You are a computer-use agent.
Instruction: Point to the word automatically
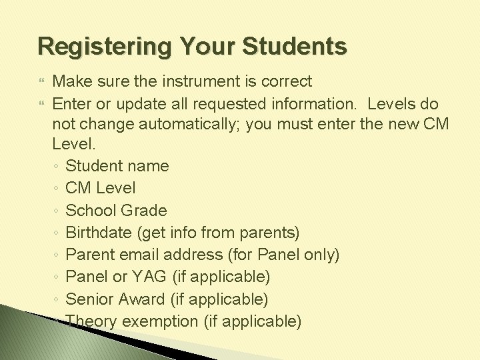pos(184,126)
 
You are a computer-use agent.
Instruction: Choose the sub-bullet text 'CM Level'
pos(100,188)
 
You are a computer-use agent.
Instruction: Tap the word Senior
pos(89,299)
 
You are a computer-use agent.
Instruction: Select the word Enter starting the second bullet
pos(70,104)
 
